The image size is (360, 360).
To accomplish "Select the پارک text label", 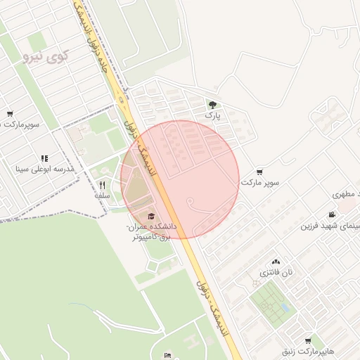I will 213,115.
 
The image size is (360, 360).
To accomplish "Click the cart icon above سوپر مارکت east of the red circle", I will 260,172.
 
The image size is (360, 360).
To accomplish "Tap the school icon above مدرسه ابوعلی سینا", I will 44,159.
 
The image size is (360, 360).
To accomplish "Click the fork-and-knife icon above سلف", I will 103,186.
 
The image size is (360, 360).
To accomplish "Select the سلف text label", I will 103,196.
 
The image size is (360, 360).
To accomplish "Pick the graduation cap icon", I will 152,216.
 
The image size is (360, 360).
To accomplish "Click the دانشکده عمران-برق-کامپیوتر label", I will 151,233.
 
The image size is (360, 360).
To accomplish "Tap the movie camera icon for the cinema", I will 331,215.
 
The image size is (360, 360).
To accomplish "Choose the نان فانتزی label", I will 275,272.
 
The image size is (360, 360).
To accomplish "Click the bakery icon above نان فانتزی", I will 275,261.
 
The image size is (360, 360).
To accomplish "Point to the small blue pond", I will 284,307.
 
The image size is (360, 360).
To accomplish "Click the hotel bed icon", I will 167,355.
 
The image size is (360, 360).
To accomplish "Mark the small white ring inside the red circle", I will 190,202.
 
